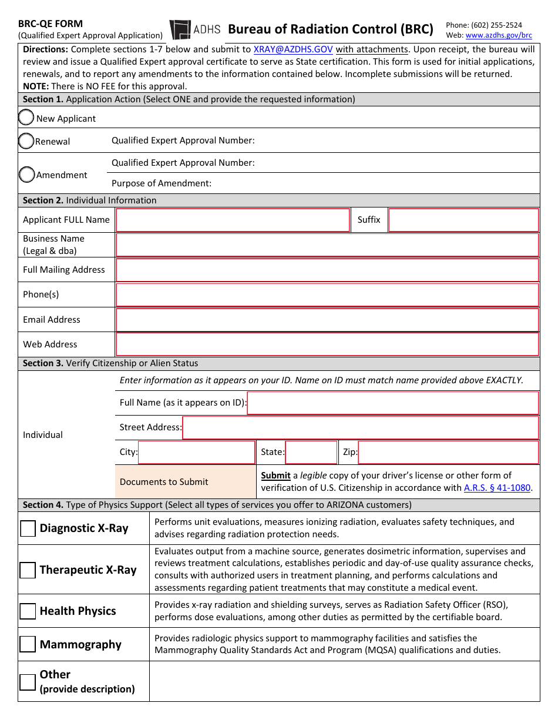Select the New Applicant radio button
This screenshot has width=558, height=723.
pos(26,118)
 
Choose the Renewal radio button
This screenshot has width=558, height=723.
pos(26,141)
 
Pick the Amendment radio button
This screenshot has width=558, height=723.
pos(26,175)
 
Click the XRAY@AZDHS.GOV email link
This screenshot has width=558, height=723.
pos(293,50)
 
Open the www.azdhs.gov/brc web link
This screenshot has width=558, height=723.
pos(499,35)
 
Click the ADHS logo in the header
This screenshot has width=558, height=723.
pos(195,29)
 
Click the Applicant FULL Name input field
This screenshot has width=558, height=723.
pos(233,220)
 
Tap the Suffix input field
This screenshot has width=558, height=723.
pos(463,220)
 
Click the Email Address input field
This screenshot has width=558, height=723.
pos(327,320)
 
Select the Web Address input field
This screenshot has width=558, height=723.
pos(327,344)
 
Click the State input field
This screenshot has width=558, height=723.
pos(311,453)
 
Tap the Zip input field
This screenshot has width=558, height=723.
pos(448,453)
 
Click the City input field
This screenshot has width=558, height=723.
pos(196,453)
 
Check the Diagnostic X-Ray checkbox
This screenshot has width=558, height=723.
pos(28,528)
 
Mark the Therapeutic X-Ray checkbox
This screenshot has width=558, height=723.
pos(28,570)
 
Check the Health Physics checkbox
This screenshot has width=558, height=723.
pos(28,611)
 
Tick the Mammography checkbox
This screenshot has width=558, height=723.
pos(28,645)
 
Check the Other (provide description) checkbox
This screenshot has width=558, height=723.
pos(28,682)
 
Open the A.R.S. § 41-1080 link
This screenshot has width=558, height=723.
pos(497,488)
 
